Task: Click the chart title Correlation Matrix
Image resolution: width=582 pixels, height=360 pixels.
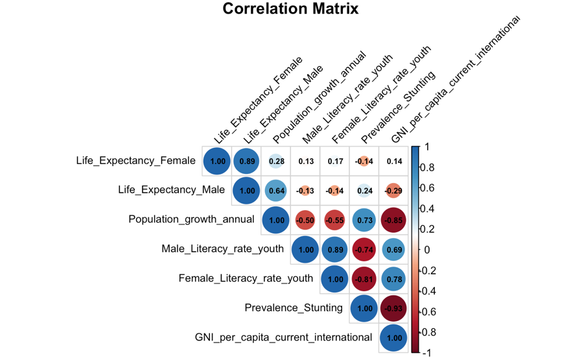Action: pyautogui.click(x=290, y=9)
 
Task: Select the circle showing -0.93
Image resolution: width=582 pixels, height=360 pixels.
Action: pyautogui.click(x=393, y=308)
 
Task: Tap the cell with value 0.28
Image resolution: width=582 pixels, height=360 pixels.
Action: pyautogui.click(x=276, y=161)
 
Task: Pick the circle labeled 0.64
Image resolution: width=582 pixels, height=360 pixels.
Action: pyautogui.click(x=276, y=191)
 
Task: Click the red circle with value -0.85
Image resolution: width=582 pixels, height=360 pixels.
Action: pyautogui.click(x=393, y=220)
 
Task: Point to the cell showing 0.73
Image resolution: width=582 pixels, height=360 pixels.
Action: pyautogui.click(x=364, y=220)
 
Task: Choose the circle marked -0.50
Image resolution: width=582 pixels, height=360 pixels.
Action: pyautogui.click(x=305, y=220)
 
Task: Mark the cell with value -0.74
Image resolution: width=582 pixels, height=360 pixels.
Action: pyautogui.click(x=364, y=250)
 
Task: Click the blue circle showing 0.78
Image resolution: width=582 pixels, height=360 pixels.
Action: pyautogui.click(x=393, y=279)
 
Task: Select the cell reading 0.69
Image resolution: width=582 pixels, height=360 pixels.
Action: pyautogui.click(x=393, y=250)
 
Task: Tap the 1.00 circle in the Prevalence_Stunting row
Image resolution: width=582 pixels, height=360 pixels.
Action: pyautogui.click(x=364, y=308)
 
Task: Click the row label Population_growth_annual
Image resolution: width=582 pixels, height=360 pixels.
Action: pyautogui.click(x=191, y=219)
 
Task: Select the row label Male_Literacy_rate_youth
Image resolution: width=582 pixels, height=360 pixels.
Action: pyautogui.click(x=222, y=248)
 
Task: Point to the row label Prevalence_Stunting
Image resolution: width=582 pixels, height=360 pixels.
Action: pyautogui.click(x=293, y=307)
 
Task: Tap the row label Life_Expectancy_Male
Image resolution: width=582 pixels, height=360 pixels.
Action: pyautogui.click(x=171, y=190)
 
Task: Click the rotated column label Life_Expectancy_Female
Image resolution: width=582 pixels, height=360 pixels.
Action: pyautogui.click(x=258, y=101)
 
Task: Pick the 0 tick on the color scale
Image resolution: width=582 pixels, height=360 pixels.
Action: pyautogui.click(x=425, y=250)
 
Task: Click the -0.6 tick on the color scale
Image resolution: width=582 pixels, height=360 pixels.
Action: pyautogui.click(x=432, y=312)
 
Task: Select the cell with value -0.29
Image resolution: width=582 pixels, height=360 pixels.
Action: pyautogui.click(x=393, y=191)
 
